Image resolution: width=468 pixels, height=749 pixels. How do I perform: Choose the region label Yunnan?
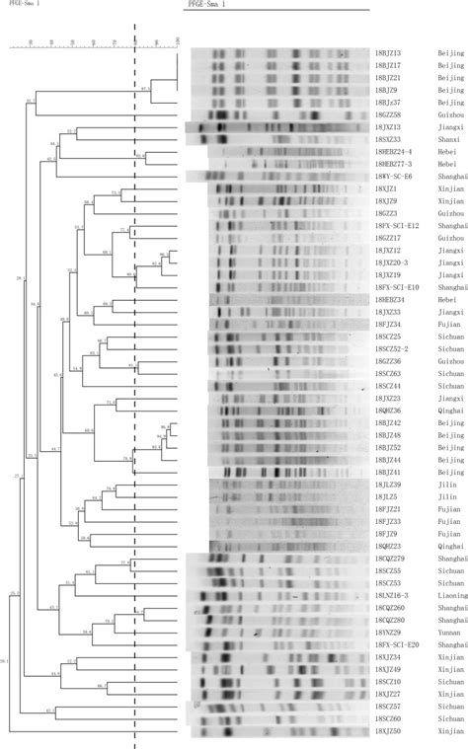437,633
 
